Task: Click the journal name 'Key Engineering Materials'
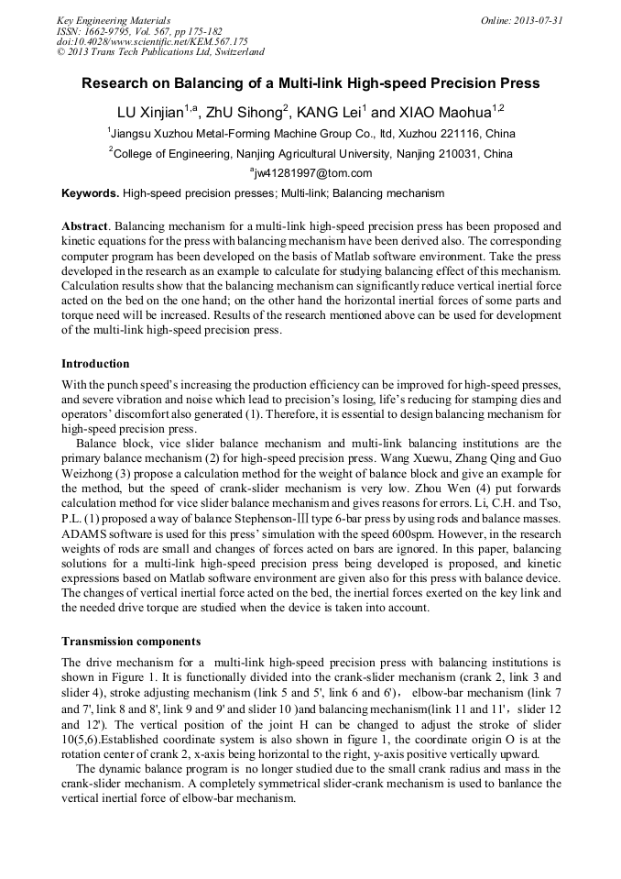pos(114,20)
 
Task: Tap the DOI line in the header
pos(151,41)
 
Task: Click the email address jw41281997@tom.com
pos(312,173)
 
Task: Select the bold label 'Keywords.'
pos(90,193)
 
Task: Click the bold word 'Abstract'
pos(84,225)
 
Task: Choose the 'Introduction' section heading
pos(95,364)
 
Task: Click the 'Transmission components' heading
pos(130,641)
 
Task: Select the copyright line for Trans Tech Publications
pos(160,52)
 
